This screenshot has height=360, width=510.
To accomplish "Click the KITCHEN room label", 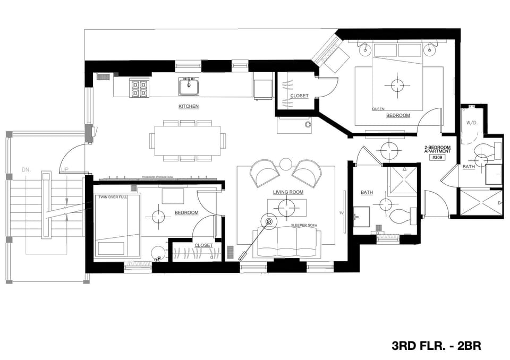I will [189, 106].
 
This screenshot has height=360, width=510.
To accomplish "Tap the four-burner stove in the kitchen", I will [139, 88].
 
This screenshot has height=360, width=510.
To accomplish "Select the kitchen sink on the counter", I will [189, 86].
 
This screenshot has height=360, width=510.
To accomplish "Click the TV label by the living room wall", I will [341, 213].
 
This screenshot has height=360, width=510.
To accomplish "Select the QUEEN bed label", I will [378, 109].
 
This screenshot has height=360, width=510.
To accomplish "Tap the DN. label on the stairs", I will [25, 169].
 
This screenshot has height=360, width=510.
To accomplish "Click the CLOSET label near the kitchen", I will [299, 96].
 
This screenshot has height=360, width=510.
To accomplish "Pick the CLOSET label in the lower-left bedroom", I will [203, 245].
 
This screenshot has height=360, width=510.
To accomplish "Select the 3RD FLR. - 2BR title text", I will [436, 346].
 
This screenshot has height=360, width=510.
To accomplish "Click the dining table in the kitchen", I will [188, 141].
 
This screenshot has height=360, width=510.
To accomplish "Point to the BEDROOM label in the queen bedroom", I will [398, 115].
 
